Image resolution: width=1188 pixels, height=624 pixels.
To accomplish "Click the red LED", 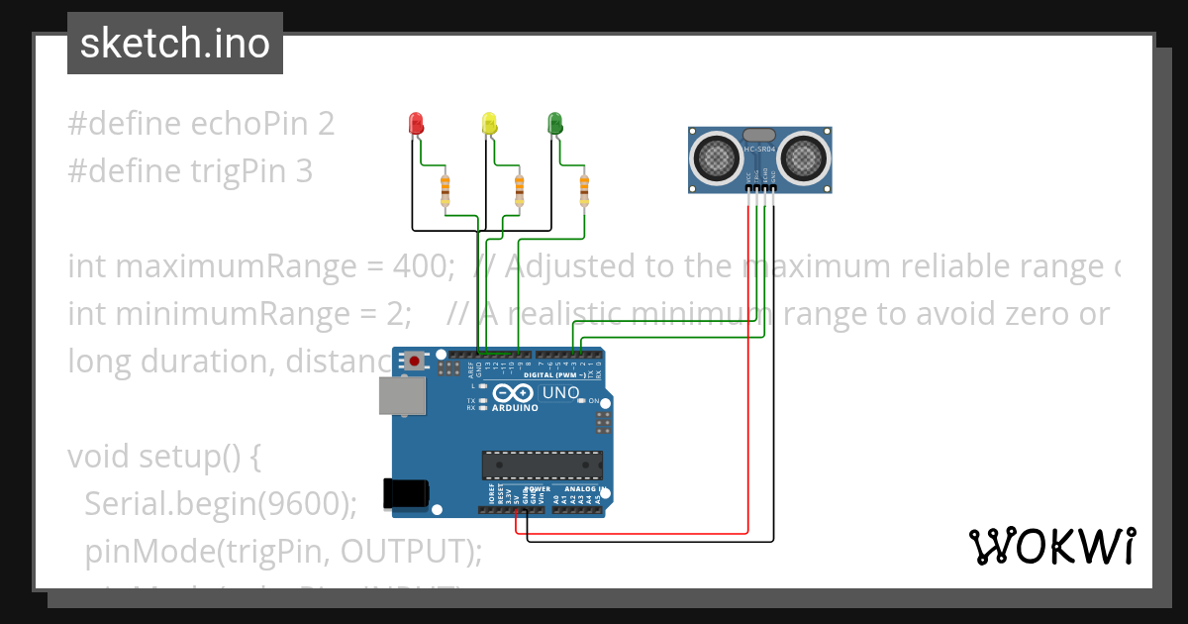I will [x=417, y=124].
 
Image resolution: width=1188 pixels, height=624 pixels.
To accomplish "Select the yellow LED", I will [x=488, y=124].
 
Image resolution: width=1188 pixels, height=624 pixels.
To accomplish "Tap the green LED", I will [x=555, y=124].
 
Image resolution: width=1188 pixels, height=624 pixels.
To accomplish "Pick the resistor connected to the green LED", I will [x=584, y=189].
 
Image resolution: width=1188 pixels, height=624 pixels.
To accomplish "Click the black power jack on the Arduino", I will [x=406, y=493].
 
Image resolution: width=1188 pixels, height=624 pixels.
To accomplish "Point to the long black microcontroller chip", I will [x=542, y=465].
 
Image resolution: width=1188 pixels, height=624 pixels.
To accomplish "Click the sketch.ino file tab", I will [x=175, y=44].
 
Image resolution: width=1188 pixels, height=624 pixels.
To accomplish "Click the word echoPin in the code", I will [x=248, y=124].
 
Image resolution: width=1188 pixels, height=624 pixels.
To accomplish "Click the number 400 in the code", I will [x=423, y=266].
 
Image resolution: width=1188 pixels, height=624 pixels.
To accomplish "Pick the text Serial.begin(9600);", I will [x=220, y=504].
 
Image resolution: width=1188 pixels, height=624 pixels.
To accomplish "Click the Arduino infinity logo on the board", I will [x=514, y=393].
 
